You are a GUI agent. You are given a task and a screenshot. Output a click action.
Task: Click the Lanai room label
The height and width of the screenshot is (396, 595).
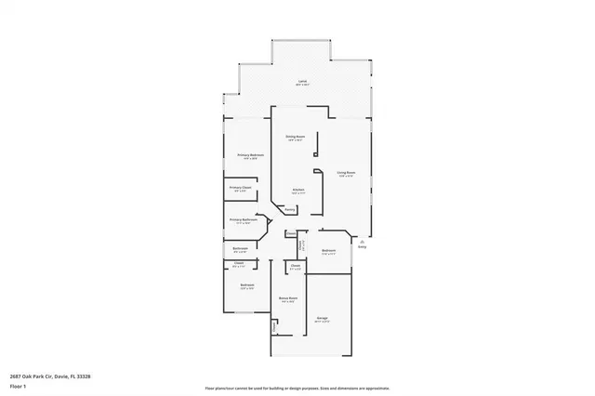coord(302,81)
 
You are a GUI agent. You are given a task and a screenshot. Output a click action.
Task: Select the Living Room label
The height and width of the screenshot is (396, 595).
coord(346,172)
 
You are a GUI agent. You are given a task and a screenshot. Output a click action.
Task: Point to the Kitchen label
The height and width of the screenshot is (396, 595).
coord(298,190)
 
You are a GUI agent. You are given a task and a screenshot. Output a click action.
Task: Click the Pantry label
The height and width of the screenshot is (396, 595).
coord(291,210)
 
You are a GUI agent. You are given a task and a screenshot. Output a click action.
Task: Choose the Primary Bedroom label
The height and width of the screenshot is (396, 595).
coord(250,154)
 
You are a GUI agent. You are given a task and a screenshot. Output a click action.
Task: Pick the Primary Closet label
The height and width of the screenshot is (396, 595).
coord(240,188)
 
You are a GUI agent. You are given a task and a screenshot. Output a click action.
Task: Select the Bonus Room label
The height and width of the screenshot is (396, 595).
coord(287,297)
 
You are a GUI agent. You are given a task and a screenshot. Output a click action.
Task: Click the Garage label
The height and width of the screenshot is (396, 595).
coord(323,317)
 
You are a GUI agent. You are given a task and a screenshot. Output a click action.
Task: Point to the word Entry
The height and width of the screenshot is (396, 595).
coord(363,246)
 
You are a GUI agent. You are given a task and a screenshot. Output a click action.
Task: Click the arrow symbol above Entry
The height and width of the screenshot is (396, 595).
coord(363,240)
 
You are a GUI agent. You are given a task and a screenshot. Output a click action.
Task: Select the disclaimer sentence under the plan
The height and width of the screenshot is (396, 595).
coord(297,387)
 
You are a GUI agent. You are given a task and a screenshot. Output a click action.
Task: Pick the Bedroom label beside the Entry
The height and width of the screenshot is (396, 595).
coord(328,250)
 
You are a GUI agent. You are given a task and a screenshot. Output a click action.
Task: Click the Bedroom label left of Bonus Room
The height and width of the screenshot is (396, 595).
coord(246,284)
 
